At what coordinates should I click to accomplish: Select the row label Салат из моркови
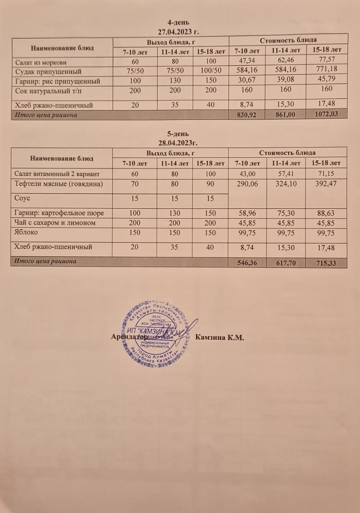coord(41,62)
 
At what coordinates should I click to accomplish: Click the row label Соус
coord(22,198)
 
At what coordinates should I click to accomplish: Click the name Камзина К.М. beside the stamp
coord(220,337)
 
